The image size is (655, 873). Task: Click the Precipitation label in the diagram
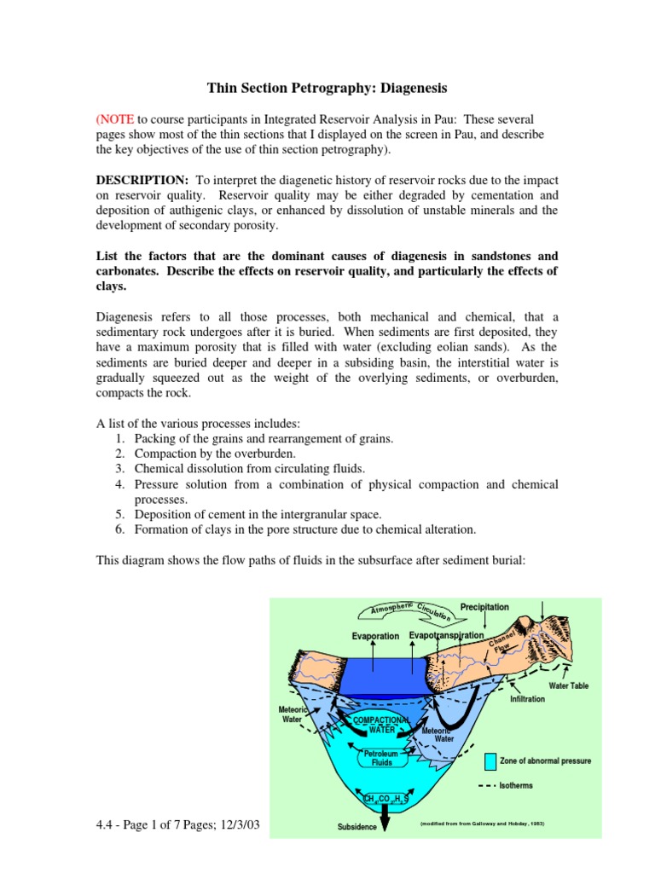(x=484, y=607)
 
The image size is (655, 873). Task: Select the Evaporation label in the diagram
(x=375, y=636)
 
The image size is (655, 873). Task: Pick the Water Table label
(x=568, y=685)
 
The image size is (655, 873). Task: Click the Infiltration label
(x=527, y=699)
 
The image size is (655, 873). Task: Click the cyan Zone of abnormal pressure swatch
(x=490, y=760)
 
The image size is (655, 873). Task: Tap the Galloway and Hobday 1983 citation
(x=482, y=824)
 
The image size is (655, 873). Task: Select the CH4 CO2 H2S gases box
(x=385, y=798)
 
